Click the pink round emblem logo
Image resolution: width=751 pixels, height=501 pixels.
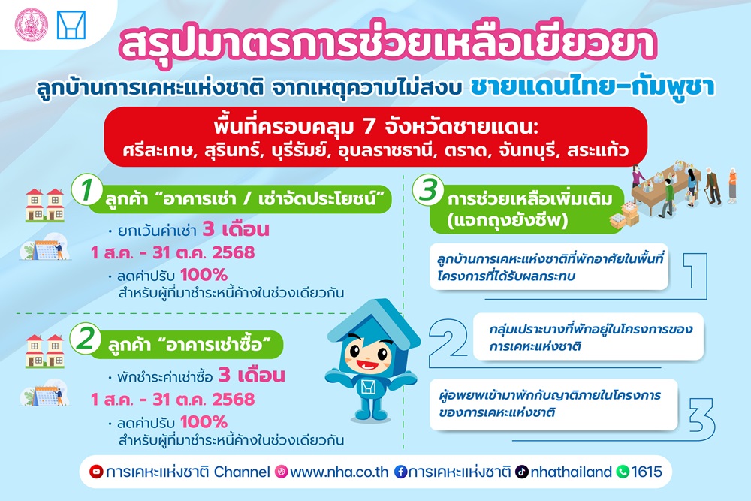tap(31, 25)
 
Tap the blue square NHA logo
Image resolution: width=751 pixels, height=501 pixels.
tap(71, 25)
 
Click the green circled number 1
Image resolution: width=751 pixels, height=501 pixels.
tap(86, 189)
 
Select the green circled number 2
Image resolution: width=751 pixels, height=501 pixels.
tap(86, 338)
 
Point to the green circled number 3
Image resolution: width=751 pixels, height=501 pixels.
tap(428, 190)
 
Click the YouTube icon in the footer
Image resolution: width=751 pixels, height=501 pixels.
tap(96, 472)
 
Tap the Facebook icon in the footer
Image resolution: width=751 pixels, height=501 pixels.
tap(400, 472)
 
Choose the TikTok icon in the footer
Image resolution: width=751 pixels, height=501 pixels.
tap(522, 472)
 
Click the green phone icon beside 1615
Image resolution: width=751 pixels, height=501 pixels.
tap(622, 472)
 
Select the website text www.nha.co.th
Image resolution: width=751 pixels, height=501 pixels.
tap(339, 472)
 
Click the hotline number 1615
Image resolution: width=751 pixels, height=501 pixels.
tap(647, 472)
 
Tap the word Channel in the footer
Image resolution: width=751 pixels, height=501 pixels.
tap(242, 472)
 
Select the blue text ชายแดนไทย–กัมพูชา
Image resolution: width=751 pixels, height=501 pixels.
tap(593, 86)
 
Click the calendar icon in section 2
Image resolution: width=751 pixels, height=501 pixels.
tap(46, 395)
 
